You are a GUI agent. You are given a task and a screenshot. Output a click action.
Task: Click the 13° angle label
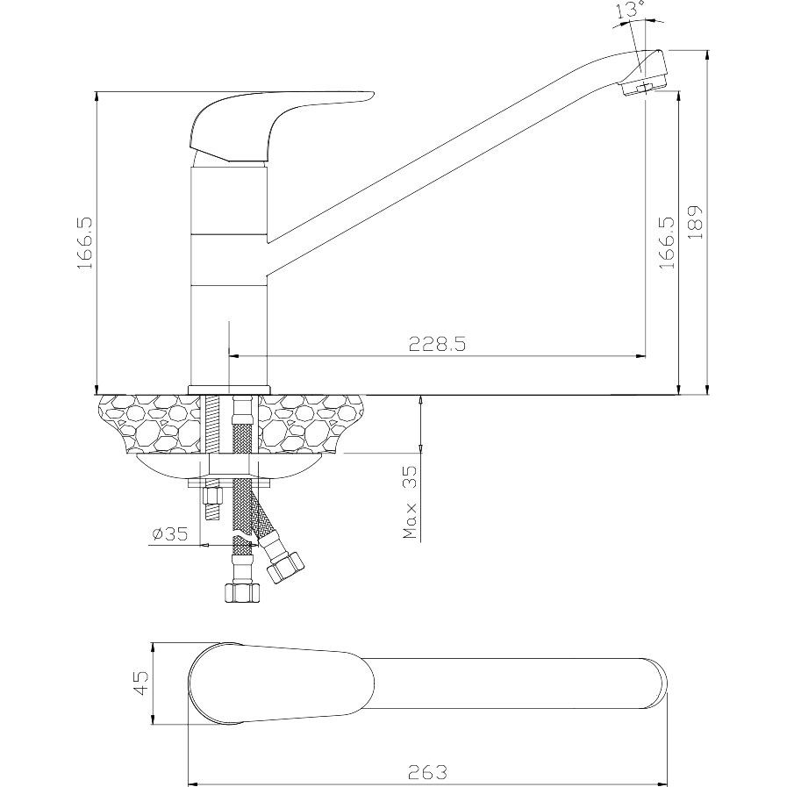pos(632,10)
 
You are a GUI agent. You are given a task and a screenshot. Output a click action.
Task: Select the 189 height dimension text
pos(695,221)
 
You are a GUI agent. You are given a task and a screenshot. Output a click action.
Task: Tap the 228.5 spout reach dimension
pos(437,344)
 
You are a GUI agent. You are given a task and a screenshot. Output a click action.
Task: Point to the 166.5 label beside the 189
pos(667,242)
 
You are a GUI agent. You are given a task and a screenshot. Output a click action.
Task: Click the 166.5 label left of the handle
pos(85,243)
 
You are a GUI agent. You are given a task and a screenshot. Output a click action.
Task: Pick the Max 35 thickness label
pos(410,502)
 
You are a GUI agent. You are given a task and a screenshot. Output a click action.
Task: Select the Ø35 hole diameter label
pos(169,534)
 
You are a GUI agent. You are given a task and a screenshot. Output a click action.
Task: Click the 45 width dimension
pos(141,683)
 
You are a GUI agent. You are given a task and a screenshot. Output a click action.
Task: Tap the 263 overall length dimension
pos(427,771)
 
